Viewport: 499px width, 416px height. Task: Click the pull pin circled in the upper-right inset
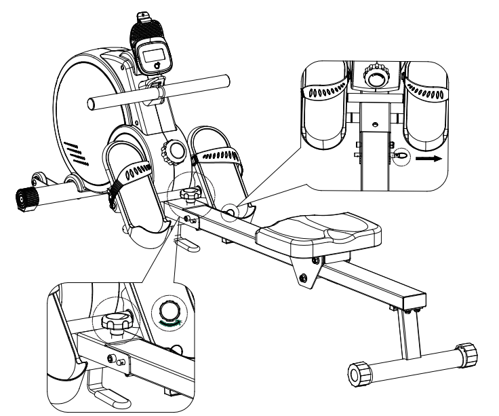coord(401,155)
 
